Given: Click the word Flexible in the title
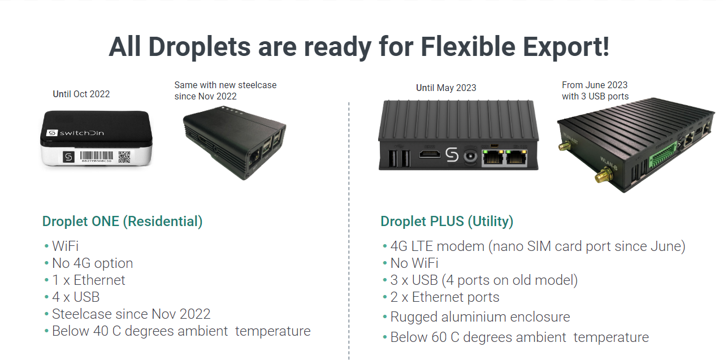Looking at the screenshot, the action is pos(467,47).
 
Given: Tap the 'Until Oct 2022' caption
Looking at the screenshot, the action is pos(81,94).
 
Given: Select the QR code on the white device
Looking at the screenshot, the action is pos(124,157).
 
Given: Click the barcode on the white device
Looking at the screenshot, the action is pos(97,157).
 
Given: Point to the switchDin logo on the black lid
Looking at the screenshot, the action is pos(75,133).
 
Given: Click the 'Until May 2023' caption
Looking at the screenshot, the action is pos(446,88).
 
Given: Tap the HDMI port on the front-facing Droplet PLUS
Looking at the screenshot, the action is pos(430,154).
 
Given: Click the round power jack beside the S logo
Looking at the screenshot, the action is pos(470,157).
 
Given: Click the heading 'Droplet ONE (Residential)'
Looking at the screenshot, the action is pos(122,222).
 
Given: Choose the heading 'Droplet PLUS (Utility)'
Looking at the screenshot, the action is pos(447,222).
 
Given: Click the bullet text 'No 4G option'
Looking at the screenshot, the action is pos(93,263).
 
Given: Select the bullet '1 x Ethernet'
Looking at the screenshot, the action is pos(89,280).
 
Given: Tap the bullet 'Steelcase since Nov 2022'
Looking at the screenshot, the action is pos(131,314).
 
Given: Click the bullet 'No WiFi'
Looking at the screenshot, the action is pos(414,263).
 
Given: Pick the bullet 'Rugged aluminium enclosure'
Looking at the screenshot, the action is pos(480,317).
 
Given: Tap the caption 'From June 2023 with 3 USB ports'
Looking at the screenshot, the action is pos(595,90).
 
